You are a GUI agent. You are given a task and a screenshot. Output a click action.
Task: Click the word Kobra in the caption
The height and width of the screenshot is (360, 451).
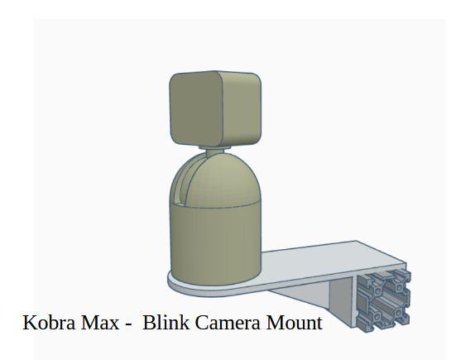pos(49,323)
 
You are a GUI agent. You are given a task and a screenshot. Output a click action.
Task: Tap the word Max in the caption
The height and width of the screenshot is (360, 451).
pos(100,323)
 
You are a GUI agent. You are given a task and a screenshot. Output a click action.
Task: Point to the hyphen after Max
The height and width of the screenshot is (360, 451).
pos(128,324)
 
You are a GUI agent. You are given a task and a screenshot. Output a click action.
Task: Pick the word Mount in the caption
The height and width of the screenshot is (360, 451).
pos(294,323)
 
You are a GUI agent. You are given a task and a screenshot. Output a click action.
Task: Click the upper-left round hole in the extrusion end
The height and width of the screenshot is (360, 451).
pos(377,290)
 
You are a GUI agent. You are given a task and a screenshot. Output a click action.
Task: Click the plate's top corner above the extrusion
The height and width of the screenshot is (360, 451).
pos(357,242)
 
